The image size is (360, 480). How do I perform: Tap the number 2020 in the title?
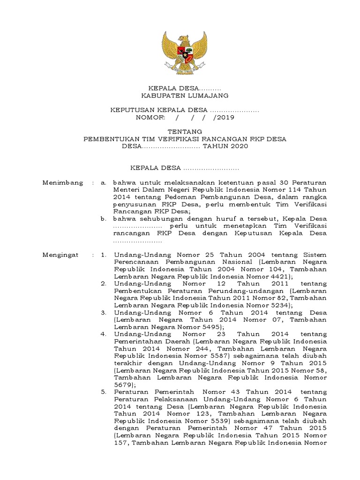click(x=237, y=146)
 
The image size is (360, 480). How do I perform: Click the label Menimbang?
click(x=63, y=182)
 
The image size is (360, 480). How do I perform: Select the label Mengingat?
click(x=61, y=255)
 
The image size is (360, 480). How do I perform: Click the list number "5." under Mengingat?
click(x=104, y=392)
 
